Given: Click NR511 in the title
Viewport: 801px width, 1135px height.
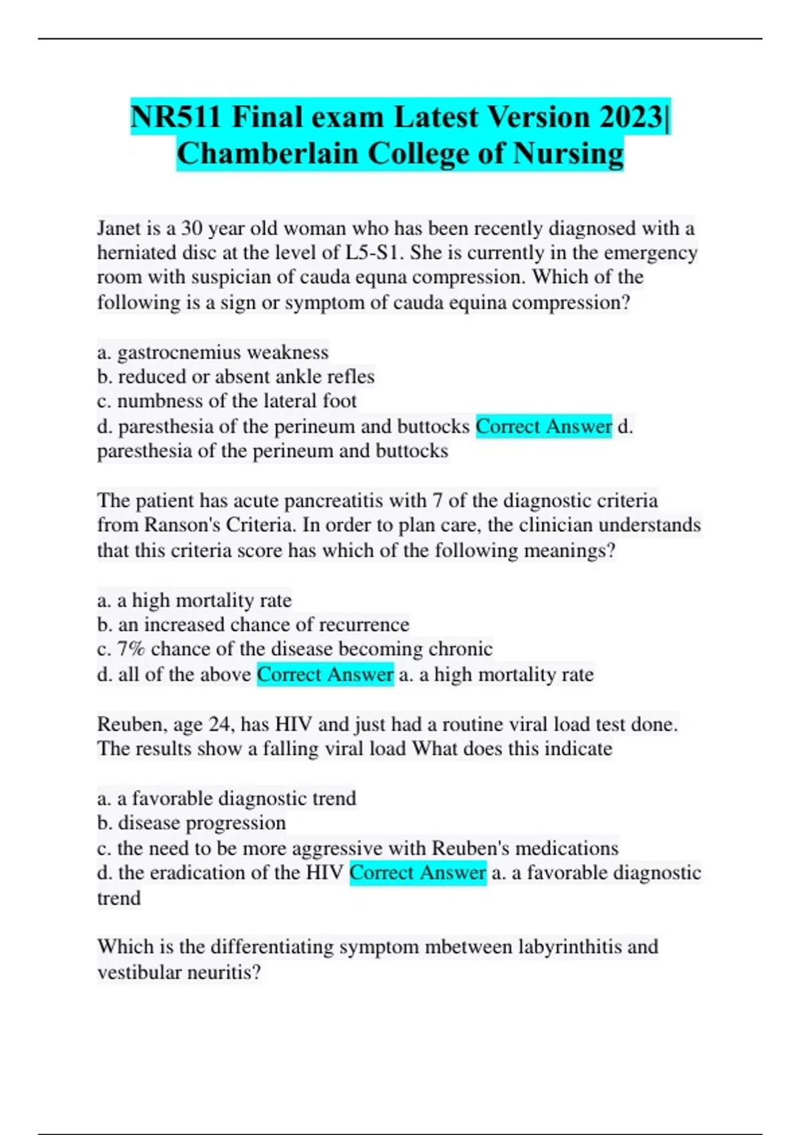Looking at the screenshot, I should click(175, 118).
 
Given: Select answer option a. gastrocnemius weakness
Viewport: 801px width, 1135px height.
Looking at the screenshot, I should click(213, 352).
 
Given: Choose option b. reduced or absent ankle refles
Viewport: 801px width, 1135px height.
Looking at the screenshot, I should click(236, 377).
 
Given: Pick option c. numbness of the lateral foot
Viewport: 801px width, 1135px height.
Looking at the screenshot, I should click(227, 401).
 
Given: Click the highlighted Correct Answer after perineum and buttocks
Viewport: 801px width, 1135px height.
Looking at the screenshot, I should click(543, 426).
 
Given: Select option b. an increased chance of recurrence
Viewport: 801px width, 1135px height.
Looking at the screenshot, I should click(253, 624).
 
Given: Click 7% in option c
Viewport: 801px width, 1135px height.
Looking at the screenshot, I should click(131, 649).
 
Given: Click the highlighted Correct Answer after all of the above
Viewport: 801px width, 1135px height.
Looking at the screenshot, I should click(325, 674).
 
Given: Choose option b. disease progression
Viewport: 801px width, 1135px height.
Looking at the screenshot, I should click(192, 823).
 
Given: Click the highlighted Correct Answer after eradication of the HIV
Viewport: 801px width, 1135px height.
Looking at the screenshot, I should click(417, 873).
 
